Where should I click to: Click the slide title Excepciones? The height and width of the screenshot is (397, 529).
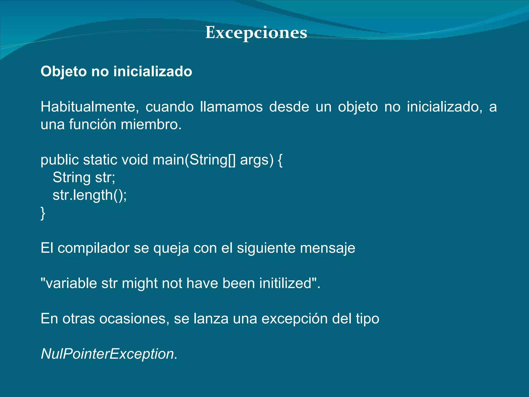[x=256, y=33]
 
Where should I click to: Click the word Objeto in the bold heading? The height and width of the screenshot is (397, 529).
[x=64, y=71]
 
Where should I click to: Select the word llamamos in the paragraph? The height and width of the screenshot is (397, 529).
[x=231, y=107]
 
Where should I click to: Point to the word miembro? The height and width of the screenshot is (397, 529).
[x=151, y=124]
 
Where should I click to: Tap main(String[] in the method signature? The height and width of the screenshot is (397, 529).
[x=194, y=160]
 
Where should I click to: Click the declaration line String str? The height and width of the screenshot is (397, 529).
[x=84, y=178]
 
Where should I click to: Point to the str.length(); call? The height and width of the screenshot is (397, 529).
[x=90, y=195]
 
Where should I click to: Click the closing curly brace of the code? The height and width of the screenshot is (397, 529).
[x=43, y=213]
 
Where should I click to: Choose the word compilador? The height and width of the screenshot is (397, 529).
[x=94, y=248]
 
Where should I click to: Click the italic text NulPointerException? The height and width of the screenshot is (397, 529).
[x=109, y=354]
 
